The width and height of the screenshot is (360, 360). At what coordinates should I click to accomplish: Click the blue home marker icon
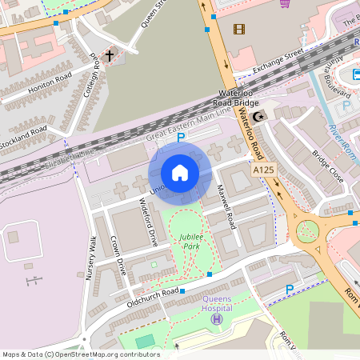[180, 173]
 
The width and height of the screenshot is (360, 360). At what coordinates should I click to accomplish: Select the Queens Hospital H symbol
[215, 319]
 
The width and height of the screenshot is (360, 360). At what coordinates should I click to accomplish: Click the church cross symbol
[109, 57]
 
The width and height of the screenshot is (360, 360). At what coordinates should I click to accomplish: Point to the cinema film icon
[239, 30]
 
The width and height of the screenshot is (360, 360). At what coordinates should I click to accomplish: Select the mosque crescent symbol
[258, 118]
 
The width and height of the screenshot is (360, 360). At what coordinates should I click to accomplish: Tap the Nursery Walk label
[91, 258]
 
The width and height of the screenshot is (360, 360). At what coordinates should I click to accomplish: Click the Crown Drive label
[118, 254]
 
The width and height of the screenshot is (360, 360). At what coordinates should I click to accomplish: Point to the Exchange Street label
[278, 61]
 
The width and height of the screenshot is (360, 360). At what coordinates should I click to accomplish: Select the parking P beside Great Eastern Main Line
[181, 138]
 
